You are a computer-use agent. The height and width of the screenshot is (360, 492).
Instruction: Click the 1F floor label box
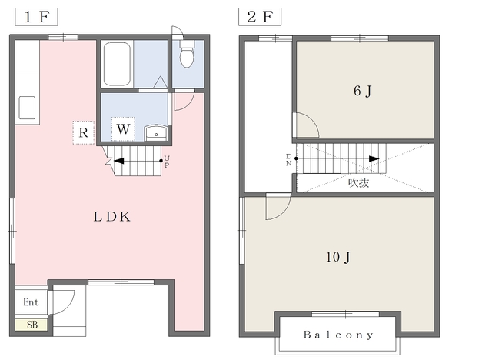[x=36, y=17]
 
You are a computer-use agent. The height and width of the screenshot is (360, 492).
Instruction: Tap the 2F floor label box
[x=260, y=17]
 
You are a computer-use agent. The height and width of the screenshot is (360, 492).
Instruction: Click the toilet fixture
[x=187, y=54]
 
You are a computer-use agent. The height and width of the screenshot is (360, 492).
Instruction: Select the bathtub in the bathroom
[x=117, y=64]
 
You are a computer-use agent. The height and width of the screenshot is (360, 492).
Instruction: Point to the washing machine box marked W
[x=123, y=129]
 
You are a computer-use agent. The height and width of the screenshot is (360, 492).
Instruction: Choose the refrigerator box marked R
[x=84, y=132]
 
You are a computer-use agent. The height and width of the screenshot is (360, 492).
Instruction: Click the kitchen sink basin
[x=27, y=108]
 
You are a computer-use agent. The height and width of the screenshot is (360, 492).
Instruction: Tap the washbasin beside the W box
[x=156, y=133]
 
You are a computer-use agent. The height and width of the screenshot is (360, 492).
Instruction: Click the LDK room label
[x=112, y=217]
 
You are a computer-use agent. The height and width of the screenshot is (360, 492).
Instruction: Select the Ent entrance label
[x=31, y=302]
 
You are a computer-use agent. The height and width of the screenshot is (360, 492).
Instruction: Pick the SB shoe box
[x=32, y=325]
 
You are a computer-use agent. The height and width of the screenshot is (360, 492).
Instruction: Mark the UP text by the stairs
[x=167, y=162]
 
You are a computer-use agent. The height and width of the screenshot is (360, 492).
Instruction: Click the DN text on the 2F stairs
[x=289, y=160]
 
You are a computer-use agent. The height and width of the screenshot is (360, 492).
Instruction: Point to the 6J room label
[x=362, y=92]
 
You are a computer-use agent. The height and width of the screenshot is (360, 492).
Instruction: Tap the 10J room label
[x=338, y=258]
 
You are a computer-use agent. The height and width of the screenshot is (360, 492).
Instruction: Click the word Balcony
[x=338, y=335]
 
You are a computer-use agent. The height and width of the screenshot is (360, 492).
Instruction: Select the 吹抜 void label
[x=359, y=182]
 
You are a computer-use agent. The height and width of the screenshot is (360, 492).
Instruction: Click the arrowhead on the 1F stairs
[x=118, y=161]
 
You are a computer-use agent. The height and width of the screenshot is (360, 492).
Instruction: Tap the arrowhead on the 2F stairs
[x=374, y=158]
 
